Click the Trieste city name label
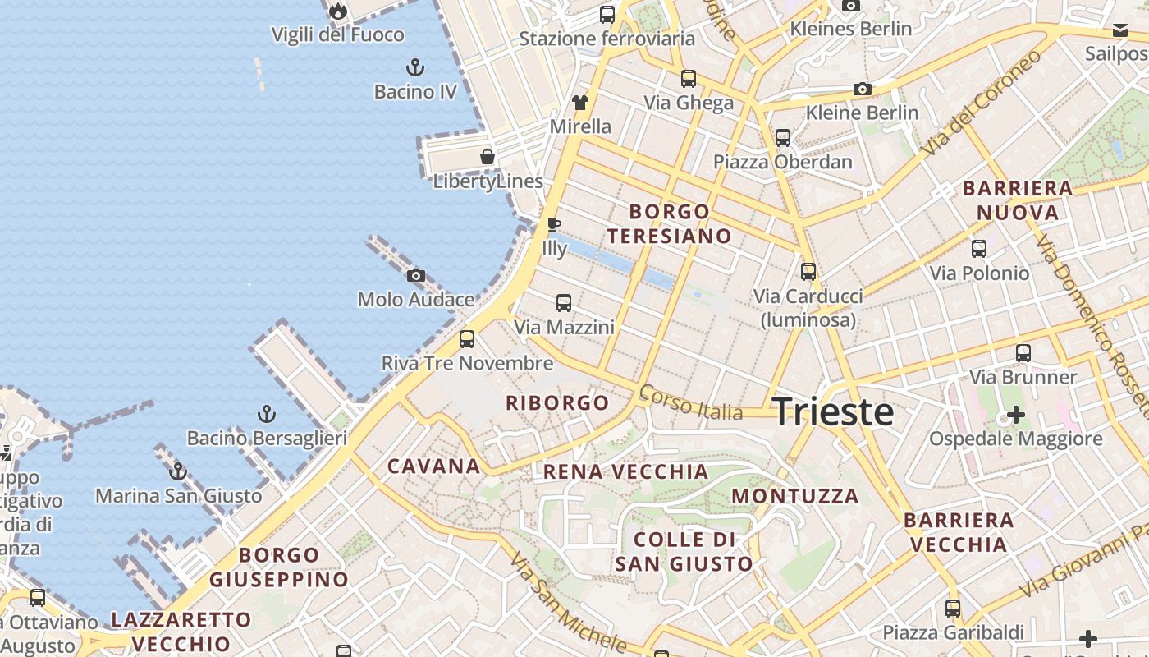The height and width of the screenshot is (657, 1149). (833, 411)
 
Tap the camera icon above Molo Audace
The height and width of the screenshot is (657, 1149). (416, 275)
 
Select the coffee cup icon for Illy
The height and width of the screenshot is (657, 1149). (554, 223)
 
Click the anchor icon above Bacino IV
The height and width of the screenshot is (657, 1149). (415, 67)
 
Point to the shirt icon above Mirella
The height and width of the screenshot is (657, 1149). (580, 103)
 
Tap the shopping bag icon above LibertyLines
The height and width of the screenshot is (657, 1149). (488, 157)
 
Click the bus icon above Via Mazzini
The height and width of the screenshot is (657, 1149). (564, 302)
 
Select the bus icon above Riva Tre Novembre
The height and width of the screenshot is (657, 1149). (467, 338)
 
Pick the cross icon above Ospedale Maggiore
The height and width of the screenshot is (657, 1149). (1016, 415)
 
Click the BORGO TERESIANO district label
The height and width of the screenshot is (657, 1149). (669, 224)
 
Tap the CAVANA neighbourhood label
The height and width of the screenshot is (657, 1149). (434, 466)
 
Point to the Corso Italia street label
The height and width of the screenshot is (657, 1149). (690, 402)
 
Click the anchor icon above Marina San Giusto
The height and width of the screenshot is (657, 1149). (178, 471)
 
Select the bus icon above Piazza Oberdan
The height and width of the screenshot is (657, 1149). (783, 137)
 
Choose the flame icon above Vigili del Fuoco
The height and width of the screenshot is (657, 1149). (337, 11)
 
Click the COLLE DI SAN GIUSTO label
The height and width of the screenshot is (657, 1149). (684, 551)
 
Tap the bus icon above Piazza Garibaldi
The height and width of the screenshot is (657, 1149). (953, 609)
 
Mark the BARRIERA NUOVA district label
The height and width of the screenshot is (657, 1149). (1018, 200)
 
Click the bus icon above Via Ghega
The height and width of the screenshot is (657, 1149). (689, 79)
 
